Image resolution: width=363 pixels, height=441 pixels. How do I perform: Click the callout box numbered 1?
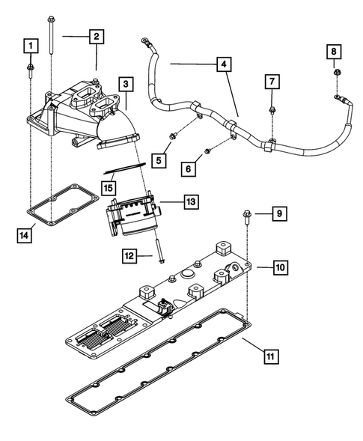[x=30, y=46]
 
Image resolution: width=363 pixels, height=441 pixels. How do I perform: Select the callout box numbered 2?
[x=97, y=36]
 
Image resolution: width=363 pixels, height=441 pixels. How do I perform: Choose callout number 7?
[x=272, y=80]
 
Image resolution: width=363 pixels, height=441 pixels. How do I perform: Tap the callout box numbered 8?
[x=335, y=51]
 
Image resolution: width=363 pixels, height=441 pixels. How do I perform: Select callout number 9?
[x=278, y=215]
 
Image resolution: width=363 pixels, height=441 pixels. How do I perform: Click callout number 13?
[x=191, y=202]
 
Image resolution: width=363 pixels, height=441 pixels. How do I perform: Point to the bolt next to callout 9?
[x=246, y=219]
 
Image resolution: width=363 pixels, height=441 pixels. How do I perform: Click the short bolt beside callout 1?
[x=30, y=70]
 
